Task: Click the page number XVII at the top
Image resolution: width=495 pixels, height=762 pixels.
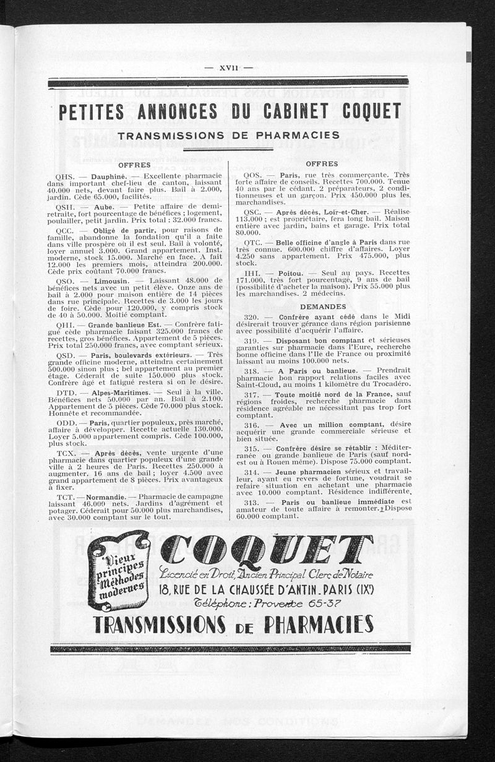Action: tap(228, 68)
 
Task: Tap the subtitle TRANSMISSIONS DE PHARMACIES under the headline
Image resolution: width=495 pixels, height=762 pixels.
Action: tap(228, 135)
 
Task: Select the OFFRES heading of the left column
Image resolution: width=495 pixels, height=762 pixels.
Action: tap(134, 165)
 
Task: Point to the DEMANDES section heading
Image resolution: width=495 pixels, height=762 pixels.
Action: tap(323, 306)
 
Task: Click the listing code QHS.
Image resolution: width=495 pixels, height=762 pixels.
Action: tap(64, 176)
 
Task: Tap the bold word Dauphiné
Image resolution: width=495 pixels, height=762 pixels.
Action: tap(109, 176)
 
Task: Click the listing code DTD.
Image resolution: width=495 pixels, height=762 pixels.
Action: tap(66, 392)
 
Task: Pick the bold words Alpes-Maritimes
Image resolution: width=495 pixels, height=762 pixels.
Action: tap(118, 392)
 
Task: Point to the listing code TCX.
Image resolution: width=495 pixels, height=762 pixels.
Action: tap(66, 453)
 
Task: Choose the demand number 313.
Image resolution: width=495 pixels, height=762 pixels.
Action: tap(251, 502)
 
